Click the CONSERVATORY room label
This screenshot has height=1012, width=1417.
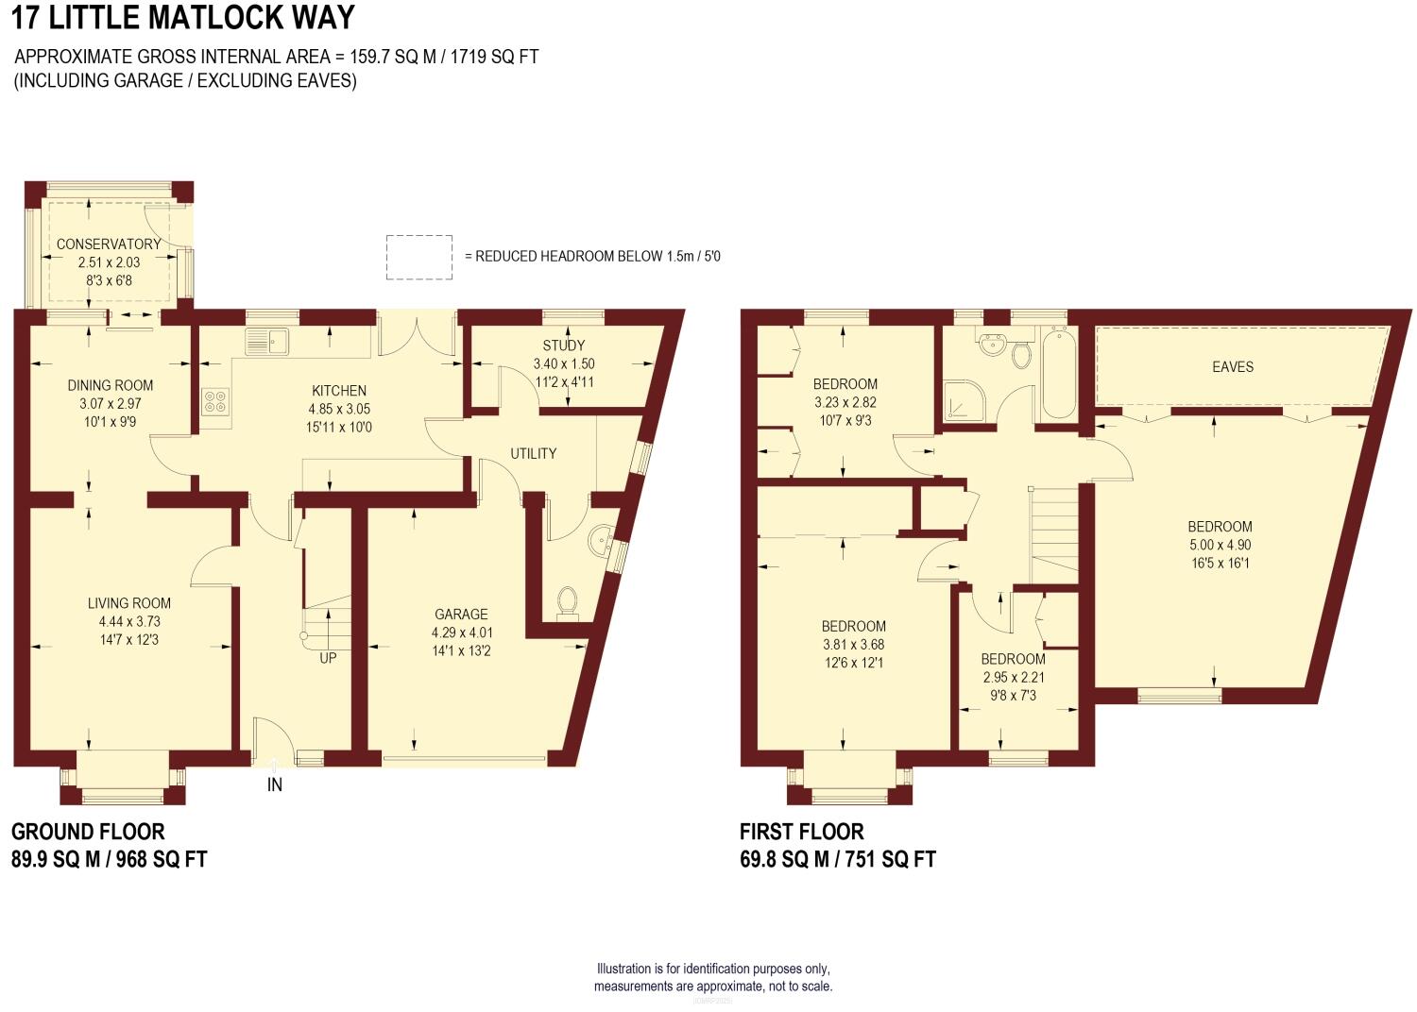[109, 244]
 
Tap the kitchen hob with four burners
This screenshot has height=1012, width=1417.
[213, 402]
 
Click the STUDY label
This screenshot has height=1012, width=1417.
[564, 346]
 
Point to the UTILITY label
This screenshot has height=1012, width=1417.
[534, 454]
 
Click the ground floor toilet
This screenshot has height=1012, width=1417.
[567, 600]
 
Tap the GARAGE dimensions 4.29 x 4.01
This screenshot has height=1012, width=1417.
[461, 632]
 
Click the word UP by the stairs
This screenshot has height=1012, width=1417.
[328, 659]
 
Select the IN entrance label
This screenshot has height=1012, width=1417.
[275, 785]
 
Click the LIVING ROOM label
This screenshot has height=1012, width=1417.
[129, 603]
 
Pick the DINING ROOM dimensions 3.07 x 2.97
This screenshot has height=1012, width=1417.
[111, 403]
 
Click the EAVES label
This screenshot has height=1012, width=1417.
[1232, 366]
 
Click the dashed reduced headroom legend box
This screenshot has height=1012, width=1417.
[418, 257]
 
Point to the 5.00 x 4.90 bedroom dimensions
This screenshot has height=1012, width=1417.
[1221, 545]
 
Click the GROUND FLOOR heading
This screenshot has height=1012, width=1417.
[88, 832]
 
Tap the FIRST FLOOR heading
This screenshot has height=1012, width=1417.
[801, 832]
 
